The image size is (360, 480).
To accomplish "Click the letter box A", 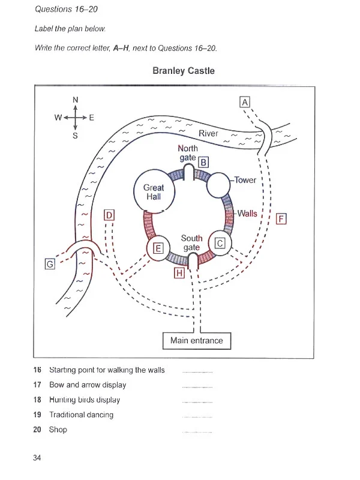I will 244,102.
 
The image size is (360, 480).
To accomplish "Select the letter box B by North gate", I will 203,162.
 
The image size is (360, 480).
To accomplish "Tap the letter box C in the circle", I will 220,242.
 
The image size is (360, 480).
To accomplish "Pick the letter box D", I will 109,215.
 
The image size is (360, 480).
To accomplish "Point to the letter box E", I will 158,247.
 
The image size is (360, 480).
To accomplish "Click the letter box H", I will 179,274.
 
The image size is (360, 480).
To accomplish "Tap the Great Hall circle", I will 154,192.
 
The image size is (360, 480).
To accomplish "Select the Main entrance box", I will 196,341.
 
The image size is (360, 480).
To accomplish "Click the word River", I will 208,133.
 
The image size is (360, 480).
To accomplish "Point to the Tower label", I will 245,180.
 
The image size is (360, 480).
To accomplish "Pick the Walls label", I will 247,214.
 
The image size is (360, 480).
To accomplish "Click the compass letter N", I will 75,100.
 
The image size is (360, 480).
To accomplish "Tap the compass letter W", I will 58,118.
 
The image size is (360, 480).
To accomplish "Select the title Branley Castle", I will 184,71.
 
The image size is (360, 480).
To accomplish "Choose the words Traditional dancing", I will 81,415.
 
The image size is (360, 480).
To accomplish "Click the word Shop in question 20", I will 58,430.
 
